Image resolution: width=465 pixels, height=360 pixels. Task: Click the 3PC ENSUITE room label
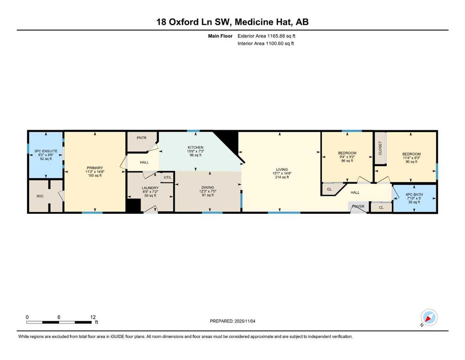tap(46, 151)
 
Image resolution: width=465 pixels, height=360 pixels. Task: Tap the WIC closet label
tap(40, 196)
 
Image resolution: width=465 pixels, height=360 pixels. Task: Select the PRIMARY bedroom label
tap(95, 168)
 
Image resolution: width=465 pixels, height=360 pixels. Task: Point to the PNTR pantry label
tap(141, 138)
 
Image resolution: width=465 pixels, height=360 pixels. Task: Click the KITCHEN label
tap(195, 148)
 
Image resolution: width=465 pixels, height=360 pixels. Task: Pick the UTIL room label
tap(168, 178)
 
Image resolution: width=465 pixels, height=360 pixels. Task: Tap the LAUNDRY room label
tap(150, 188)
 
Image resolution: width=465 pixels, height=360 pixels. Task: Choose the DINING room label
tap(207, 187)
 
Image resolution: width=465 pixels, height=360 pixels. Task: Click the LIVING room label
tap(282, 170)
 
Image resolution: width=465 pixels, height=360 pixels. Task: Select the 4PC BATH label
tap(414, 195)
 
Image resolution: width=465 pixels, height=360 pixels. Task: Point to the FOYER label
tap(358, 207)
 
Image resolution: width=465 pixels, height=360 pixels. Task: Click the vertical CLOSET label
tap(380, 148)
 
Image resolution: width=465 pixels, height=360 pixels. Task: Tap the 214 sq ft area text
tap(282, 177)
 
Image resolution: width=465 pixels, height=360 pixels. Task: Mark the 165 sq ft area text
tap(95, 176)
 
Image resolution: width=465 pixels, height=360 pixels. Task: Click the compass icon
tap(429, 317)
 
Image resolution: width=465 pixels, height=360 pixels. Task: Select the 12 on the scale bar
tap(93, 317)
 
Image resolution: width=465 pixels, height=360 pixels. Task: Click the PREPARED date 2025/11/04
tap(245, 321)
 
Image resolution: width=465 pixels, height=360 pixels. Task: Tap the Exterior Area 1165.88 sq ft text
tap(266, 36)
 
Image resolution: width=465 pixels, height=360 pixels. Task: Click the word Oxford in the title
tap(182, 22)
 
